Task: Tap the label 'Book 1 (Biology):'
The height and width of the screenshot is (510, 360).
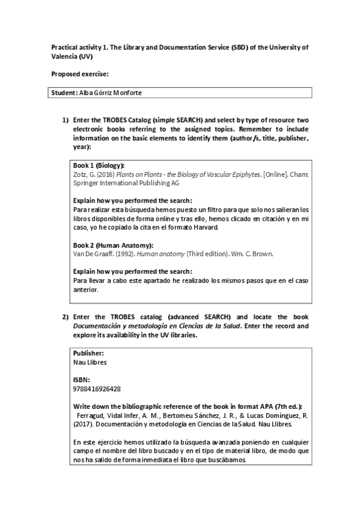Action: coord(99,165)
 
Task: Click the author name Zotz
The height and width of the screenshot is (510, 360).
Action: coord(81,174)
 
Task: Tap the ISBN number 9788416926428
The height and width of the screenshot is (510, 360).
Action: coord(96,389)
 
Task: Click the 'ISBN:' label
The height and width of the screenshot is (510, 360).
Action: coord(81,379)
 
